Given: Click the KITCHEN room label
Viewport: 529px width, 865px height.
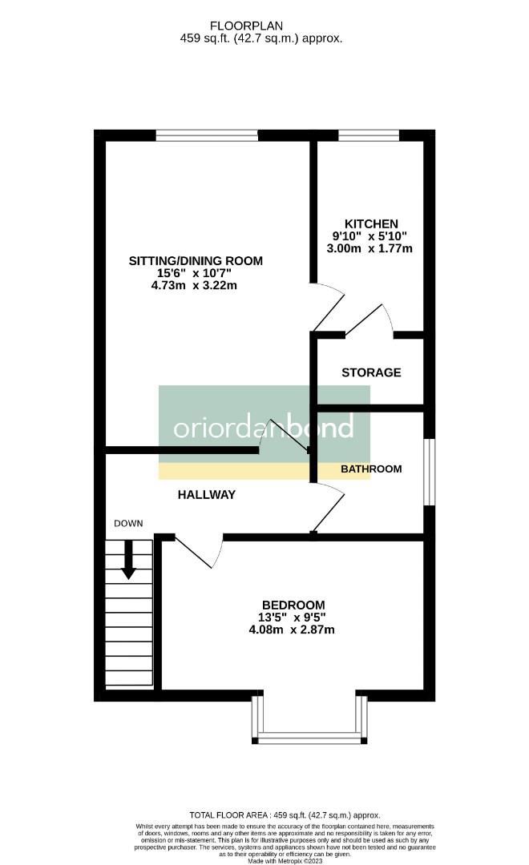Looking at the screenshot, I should pos(371,223).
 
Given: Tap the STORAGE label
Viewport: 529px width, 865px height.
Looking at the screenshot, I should pos(371,372).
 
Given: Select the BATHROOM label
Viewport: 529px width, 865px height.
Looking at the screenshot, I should pos(371,469).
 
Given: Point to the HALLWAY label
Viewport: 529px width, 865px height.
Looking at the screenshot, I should pos(207,495).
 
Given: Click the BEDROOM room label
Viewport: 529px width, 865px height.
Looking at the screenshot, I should pos(293,605).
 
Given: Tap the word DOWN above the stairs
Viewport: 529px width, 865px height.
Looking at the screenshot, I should pos(128,524).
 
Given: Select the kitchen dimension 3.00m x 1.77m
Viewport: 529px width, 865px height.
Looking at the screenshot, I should pos(371,248).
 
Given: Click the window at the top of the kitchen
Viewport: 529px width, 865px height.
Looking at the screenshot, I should pos(369,135).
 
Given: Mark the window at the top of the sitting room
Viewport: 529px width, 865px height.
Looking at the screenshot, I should pos(207,135).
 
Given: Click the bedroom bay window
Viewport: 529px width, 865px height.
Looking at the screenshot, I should pos(309,735).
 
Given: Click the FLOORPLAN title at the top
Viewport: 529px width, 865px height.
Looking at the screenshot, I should pos(260,25).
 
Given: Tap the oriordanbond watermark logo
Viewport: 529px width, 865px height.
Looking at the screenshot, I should pos(264,427).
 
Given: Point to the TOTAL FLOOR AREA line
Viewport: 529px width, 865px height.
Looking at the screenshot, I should pos(285,815).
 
